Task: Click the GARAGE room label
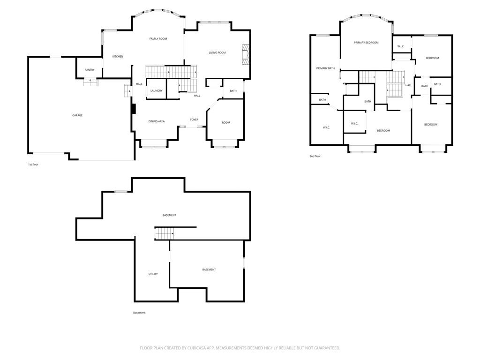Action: coord(77,115)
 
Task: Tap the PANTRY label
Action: coord(90,70)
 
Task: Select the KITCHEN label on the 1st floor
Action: coord(118,57)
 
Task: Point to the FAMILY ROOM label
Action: coord(158,39)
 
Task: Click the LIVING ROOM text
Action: coord(217,52)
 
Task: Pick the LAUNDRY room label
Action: coord(156,90)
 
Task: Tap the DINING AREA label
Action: coord(157,121)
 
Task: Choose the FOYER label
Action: coord(194,120)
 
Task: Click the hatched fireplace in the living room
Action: coord(246,55)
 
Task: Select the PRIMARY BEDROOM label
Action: coord(366,43)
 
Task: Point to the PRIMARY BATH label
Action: coord(325,68)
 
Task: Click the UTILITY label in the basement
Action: coord(153,274)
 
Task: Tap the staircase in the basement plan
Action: coord(165,233)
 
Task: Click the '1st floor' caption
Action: coord(33,165)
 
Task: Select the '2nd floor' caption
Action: coord(315,157)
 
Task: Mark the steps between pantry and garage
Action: coord(90,82)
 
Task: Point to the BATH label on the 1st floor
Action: coord(233,91)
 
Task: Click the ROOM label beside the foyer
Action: coord(226,123)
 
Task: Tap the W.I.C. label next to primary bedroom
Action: coord(401,46)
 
